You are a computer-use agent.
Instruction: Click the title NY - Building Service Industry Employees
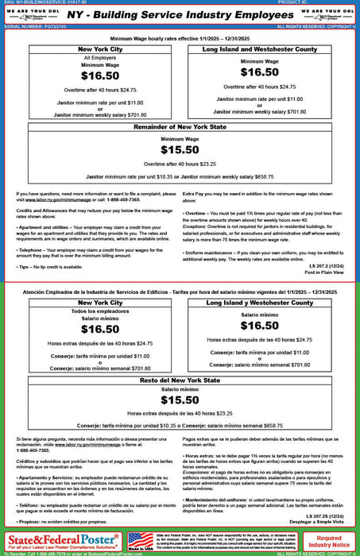180,16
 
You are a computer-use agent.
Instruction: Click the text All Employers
88,59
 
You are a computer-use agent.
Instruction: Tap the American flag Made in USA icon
141,541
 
